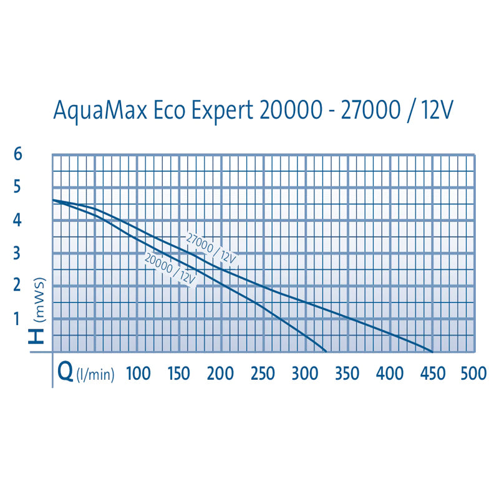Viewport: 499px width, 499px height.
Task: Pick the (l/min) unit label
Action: point(95,375)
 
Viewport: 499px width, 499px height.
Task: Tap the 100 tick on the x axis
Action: point(138,374)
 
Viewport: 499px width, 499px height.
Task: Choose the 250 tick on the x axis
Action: point(262,374)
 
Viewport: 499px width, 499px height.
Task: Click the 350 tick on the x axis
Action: point(347,374)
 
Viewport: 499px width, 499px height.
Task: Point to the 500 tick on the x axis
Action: point(473,374)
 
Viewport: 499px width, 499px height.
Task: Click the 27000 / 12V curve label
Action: point(212,248)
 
